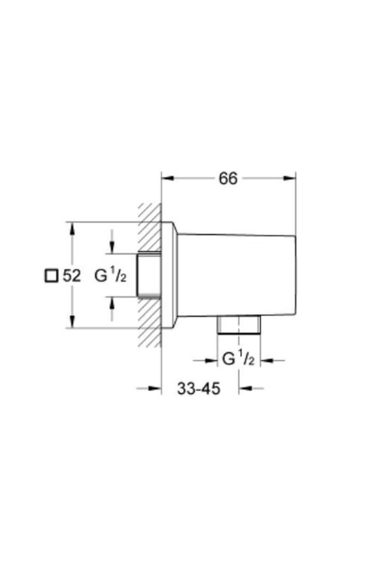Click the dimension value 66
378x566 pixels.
pos(228,179)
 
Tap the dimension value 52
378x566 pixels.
pos(72,276)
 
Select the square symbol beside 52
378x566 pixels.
pos(51,276)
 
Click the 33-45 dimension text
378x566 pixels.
pos(198,389)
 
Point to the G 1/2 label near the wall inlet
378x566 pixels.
pos(111,276)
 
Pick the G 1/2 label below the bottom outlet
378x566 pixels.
pos(238,359)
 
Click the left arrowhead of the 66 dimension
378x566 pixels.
pos(168,178)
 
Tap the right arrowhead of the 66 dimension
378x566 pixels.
pos(289,178)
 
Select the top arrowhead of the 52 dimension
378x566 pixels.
pos(72,228)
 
